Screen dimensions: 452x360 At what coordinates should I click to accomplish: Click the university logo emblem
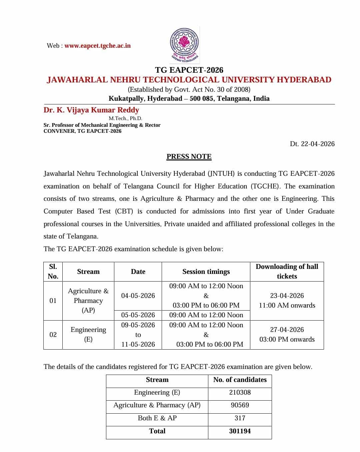pos(185,44)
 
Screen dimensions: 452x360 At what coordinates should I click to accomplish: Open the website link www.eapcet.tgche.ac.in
pos(97,46)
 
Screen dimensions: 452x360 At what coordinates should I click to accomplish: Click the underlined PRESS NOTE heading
pos(189,156)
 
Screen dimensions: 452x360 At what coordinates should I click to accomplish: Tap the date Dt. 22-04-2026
pos(312,144)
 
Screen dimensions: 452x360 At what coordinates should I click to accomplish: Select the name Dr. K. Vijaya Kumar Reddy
pos(91,110)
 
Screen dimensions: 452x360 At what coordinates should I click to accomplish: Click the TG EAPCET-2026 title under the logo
pos(189,70)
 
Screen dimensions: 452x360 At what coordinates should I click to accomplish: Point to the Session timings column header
pos(206,272)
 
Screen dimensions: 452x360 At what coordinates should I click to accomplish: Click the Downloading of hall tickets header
pos(287,271)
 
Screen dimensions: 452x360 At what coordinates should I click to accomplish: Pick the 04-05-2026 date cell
pos(138,296)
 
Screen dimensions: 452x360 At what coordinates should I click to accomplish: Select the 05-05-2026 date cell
pos(138,315)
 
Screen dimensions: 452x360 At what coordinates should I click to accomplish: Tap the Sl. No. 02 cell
pos(53,335)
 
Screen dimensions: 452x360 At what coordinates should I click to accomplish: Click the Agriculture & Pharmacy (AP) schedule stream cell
pos(88,301)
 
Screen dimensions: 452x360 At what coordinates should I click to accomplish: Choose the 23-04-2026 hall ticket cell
pos(287,300)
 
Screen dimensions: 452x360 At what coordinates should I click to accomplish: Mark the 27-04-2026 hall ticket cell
pos(287,335)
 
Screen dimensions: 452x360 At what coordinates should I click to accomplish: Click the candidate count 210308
pos(240,393)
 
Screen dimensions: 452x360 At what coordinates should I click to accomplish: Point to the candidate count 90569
pos(240,405)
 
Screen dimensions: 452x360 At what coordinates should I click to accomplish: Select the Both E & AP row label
pos(157,418)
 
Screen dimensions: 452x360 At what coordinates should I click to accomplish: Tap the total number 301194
pos(240,431)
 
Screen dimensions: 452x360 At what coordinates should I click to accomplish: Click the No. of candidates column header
pos(240,380)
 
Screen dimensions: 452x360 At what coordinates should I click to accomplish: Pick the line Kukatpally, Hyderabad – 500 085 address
pos(189,99)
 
